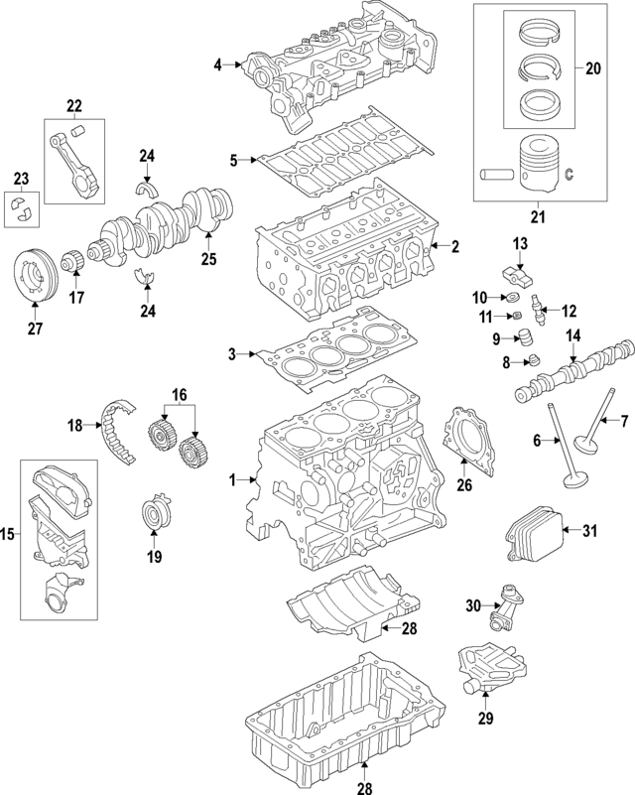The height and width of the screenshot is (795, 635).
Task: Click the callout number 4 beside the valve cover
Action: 218,66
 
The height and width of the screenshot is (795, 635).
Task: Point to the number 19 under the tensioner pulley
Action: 154,558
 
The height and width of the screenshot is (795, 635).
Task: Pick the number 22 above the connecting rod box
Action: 74,106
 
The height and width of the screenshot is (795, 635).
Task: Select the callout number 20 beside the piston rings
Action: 593,68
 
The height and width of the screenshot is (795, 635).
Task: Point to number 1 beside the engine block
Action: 232,481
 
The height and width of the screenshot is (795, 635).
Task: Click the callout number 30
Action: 472,606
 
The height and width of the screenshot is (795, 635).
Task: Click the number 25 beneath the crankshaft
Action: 207,260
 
